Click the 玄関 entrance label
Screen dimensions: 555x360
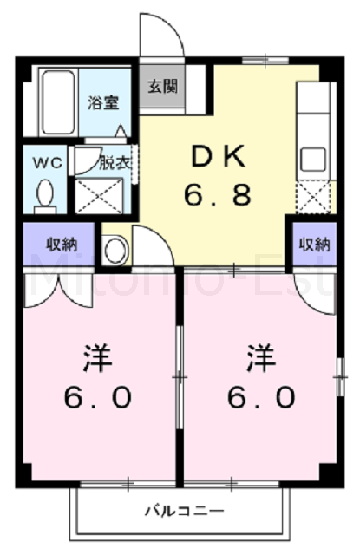point(160,87)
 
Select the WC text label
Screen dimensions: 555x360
point(44,162)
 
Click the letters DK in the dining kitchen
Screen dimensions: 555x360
point(218,157)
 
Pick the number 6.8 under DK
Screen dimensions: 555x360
point(218,194)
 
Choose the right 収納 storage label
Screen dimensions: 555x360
point(314,244)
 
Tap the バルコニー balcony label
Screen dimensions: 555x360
point(184,511)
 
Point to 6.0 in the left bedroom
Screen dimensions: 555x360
point(96,398)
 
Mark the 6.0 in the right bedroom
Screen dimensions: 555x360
point(259,398)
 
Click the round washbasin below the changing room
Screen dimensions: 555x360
point(115,250)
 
